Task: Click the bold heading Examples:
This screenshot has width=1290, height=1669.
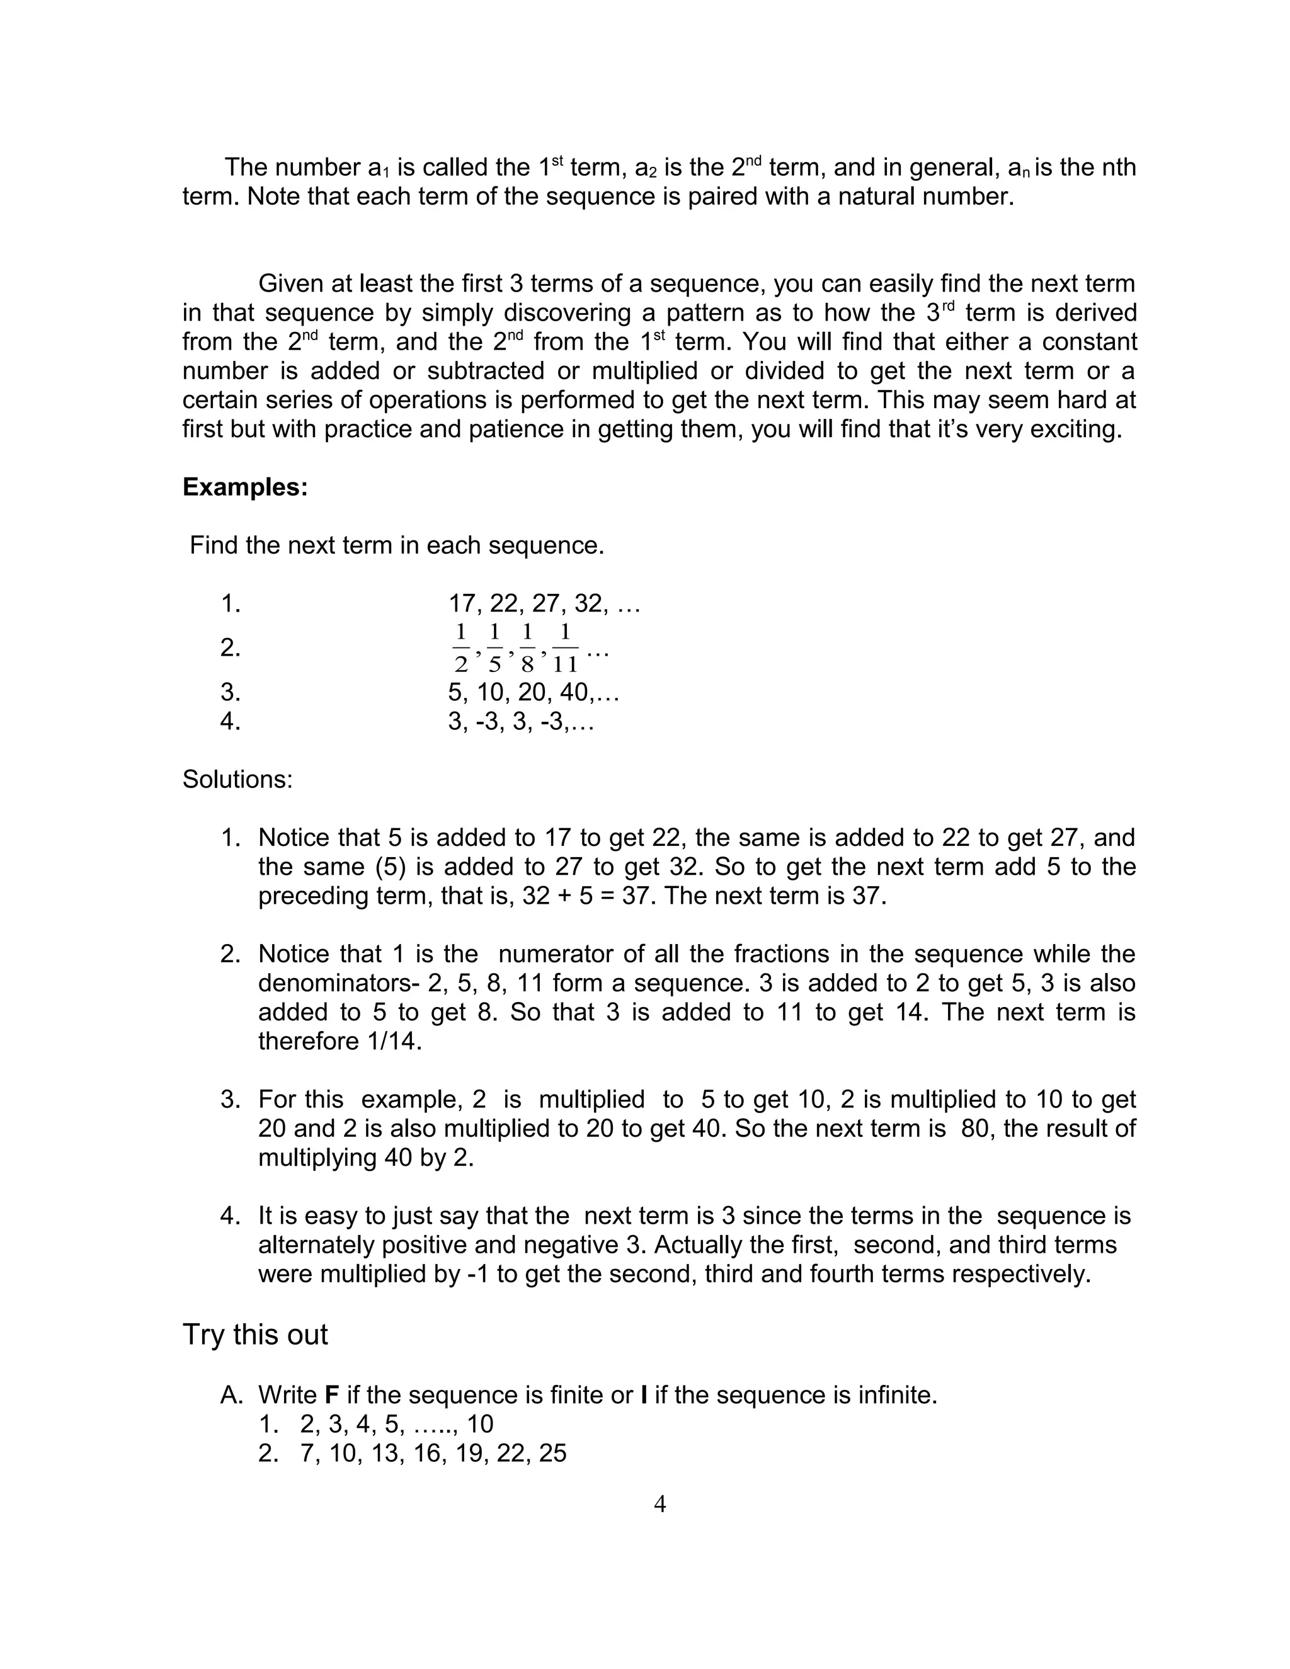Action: tap(244, 487)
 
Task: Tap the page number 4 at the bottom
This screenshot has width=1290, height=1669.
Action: tap(659, 1505)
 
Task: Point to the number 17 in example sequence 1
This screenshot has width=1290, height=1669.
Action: tap(462, 604)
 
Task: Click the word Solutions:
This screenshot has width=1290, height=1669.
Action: tap(237, 780)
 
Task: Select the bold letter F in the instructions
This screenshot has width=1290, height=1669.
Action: tap(332, 1396)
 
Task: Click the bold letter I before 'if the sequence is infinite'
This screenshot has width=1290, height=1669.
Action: tap(644, 1396)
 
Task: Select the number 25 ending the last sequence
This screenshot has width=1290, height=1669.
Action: tap(552, 1454)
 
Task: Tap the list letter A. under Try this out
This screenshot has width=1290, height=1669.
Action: tap(232, 1396)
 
